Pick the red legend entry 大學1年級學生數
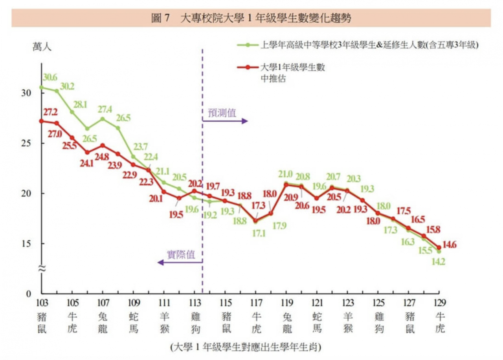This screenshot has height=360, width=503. (x=293, y=68)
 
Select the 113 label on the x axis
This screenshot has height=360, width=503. (x=195, y=303)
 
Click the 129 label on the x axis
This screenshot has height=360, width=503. (x=439, y=303)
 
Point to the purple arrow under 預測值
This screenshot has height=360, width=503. (x=226, y=121)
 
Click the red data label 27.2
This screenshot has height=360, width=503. (x=50, y=112)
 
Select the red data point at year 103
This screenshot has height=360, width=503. (x=42, y=121)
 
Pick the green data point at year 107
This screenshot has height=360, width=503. (x=103, y=119)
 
